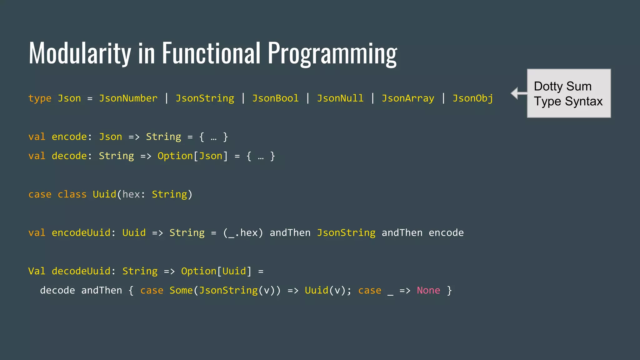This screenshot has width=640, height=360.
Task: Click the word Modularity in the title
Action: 80,53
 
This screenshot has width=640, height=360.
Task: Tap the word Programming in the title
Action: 332,54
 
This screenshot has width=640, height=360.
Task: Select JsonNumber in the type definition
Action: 128,98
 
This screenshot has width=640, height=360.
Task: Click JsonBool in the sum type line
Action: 275,98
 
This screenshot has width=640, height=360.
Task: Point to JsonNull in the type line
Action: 340,98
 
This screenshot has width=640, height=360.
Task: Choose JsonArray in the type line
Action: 408,98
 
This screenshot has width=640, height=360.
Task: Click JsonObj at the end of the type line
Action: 473,98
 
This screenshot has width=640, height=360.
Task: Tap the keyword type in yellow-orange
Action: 40,98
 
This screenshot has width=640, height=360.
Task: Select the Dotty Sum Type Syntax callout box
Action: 569,93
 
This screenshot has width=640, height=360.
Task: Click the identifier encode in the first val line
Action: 69,137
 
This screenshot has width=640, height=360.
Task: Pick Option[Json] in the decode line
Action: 192,156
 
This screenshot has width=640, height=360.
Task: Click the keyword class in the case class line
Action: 72,194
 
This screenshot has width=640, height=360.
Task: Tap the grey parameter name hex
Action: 131,194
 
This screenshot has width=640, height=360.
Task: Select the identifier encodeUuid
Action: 81,233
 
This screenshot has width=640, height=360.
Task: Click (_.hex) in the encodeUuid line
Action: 243,233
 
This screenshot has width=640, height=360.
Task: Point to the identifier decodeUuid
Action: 81,271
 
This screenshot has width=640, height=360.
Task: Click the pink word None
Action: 428,290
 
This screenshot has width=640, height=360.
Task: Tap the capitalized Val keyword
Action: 37,271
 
